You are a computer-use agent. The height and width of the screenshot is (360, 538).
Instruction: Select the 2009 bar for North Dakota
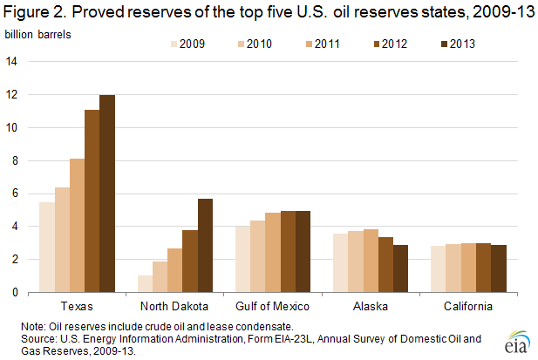pyautogui.click(x=145, y=284)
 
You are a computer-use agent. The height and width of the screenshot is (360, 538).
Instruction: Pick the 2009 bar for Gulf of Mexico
pyautogui.click(x=242, y=259)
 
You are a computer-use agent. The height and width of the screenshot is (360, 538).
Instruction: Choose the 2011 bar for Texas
pyautogui.click(x=77, y=226)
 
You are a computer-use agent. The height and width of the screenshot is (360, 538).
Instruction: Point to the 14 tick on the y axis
pyautogui.click(x=11, y=61)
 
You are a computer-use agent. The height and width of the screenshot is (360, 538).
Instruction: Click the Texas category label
pyautogui.click(x=77, y=307)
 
